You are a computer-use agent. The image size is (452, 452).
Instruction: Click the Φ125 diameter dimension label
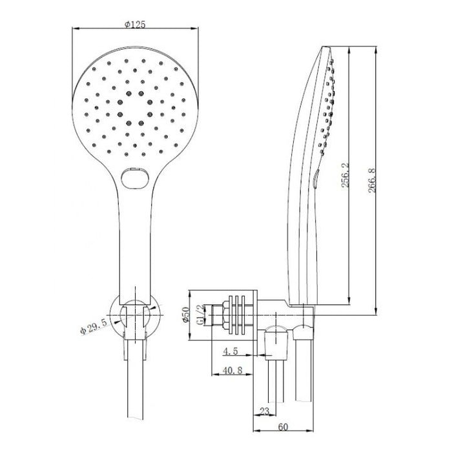click(135, 25)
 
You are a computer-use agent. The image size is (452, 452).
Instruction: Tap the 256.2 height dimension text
click(345, 175)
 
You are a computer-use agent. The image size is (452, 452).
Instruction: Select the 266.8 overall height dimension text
click(372, 180)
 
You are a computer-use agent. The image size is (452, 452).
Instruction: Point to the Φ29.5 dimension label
click(94, 327)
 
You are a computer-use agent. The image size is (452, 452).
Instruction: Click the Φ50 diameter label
click(185, 314)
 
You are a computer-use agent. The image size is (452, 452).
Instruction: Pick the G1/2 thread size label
click(201, 314)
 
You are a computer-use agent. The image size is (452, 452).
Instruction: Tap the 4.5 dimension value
click(231, 351)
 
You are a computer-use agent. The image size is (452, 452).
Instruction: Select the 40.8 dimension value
click(233, 370)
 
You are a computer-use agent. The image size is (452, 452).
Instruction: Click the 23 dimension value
click(264, 411)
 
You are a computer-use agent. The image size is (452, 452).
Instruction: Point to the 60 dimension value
click(283, 427)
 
